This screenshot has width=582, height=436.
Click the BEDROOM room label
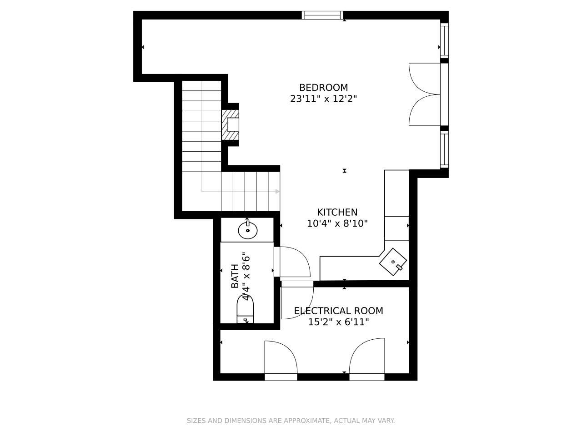[323, 87]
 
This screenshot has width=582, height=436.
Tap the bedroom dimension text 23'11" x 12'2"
[323, 99]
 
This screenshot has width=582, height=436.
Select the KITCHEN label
[337, 212]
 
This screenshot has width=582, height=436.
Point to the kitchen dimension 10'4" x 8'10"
[337, 224]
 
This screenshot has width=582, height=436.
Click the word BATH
[235, 276]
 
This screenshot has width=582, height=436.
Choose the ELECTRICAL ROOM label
[339, 311]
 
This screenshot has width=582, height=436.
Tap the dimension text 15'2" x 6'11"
[339, 322]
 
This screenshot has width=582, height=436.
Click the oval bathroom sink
[248, 230]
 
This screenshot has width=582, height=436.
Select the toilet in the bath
[245, 309]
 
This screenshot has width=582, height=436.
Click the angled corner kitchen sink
[393, 262]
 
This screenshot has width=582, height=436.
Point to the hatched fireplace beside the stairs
[230, 125]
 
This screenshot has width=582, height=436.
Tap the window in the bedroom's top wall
[322, 15]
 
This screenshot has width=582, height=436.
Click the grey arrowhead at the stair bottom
[277, 191]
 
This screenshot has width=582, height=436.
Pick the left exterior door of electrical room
[281, 360]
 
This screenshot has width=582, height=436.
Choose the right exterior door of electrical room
[367, 359]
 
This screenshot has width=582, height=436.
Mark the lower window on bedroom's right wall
[444, 149]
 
